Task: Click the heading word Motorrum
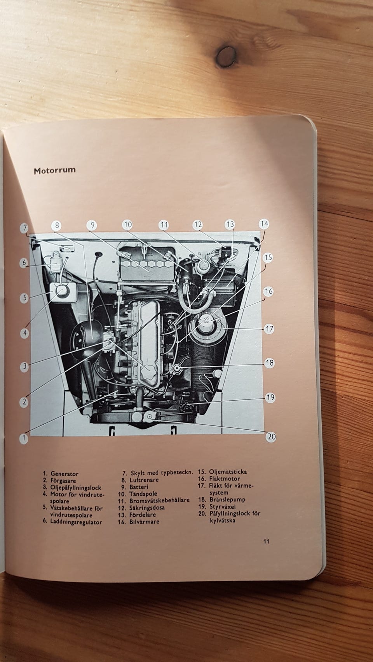pyautogui.click(x=55, y=171)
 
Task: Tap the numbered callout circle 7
pyautogui.click(x=24, y=228)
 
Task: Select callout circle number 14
pyautogui.click(x=264, y=224)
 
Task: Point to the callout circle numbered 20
pyautogui.click(x=271, y=437)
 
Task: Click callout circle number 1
pyautogui.click(x=24, y=438)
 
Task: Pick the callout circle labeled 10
pyautogui.click(x=127, y=225)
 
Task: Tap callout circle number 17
pyautogui.click(x=269, y=329)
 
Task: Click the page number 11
pyautogui.click(x=266, y=541)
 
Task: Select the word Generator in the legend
pyautogui.click(x=64, y=474)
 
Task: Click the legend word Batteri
pyautogui.click(x=139, y=487)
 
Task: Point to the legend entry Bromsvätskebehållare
pyautogui.click(x=159, y=501)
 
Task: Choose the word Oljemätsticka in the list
pyautogui.click(x=228, y=472)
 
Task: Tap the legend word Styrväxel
pyautogui.click(x=223, y=506)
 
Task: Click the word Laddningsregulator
pyautogui.click(x=76, y=522)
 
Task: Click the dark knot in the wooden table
pyautogui.click(x=226, y=57)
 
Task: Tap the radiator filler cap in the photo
pyautogui.click(x=149, y=417)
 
